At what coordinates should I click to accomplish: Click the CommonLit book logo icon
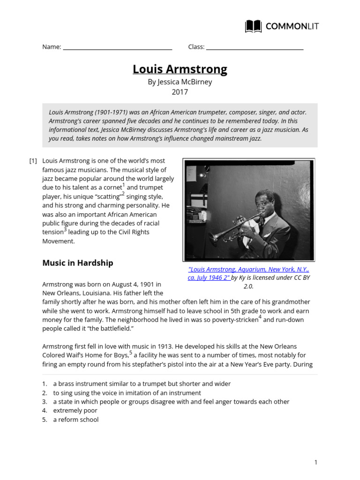tap(253, 26)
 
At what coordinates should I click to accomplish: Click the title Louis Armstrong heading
tap(180, 69)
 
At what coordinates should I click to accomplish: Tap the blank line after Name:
tap(117, 47)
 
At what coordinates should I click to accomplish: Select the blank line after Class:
tap(255, 47)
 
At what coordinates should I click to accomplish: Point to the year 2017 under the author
tap(180, 92)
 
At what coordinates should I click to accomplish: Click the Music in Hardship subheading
tap(78, 263)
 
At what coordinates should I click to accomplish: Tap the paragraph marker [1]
tap(33, 161)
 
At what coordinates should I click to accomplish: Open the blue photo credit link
tap(248, 273)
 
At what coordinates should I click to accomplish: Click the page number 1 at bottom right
tap(316, 462)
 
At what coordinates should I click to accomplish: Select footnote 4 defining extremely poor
tap(75, 411)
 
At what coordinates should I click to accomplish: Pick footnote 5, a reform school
tap(75, 420)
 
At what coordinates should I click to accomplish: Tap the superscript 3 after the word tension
tap(65, 230)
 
